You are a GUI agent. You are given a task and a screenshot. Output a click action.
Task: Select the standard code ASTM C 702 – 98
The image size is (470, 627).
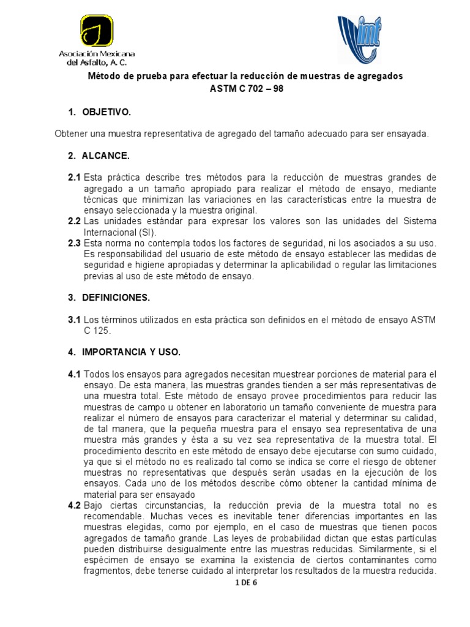coord(243,88)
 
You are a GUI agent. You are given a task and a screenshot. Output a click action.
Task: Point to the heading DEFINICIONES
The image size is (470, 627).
coord(116,298)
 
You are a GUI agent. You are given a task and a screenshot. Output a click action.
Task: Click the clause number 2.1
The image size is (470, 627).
coord(74,178)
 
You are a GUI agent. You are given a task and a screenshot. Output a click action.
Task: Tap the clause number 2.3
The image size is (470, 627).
coord(74,244)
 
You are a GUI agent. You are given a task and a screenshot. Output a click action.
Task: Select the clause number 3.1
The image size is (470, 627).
coord(74,320)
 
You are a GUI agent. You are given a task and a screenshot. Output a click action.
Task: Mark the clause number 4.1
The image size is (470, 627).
coord(74,374)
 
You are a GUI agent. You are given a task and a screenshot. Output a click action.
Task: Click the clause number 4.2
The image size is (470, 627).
coord(74,505)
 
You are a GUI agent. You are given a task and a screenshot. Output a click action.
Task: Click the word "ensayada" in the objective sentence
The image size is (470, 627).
coord(409,133)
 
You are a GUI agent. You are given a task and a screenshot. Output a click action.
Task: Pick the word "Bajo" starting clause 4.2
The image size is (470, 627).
coord(94,505)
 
